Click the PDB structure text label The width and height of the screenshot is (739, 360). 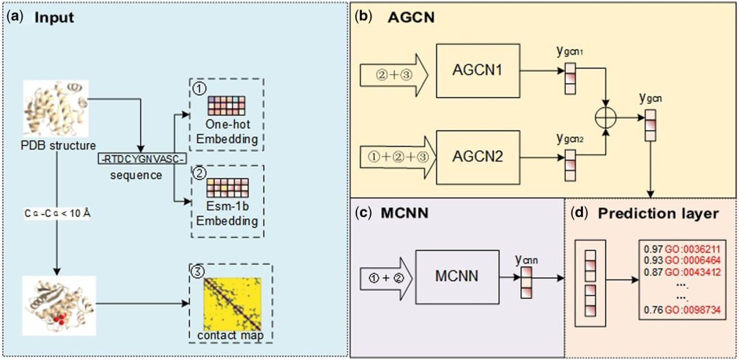tap(54, 144)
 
